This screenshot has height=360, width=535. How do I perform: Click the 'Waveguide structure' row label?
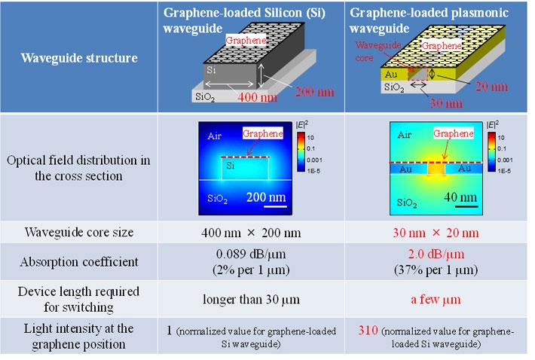point(79,58)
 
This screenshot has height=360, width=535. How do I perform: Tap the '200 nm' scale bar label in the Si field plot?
point(267,198)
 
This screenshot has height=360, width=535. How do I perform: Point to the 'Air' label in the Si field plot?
point(216,138)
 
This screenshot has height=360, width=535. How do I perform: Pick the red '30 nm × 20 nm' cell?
point(435,233)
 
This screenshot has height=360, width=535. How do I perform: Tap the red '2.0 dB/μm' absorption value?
point(435,255)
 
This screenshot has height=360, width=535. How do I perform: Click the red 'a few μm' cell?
point(435,298)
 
